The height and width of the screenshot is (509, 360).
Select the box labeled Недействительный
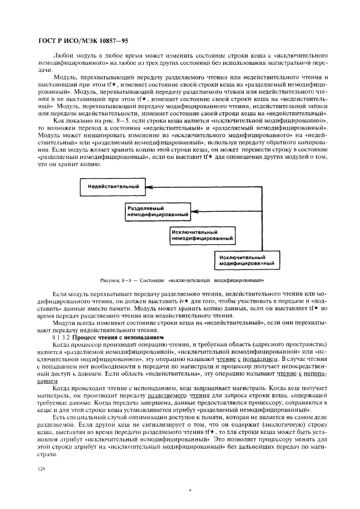[113, 187]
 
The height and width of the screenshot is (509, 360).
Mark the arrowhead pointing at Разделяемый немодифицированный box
[192, 212]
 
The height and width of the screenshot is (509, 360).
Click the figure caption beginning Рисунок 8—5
[182, 280]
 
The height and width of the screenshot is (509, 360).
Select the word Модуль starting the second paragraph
[65, 77]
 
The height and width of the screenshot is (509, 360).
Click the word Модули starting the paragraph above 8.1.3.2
[65, 323]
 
